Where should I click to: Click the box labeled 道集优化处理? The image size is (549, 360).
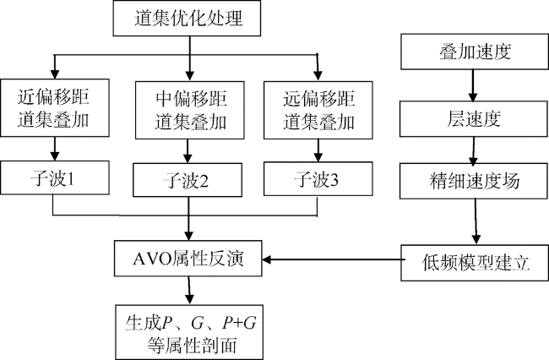tap(187, 18)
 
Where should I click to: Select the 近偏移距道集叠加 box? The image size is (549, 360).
tap(55, 107)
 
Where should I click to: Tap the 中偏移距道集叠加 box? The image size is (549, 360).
tap(190, 110)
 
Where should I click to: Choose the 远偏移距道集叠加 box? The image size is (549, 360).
tap(318, 110)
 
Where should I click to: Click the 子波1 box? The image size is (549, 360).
tap(55, 177)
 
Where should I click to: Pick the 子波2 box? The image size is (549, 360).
tap(188, 180)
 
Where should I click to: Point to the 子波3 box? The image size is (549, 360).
tap(318, 178)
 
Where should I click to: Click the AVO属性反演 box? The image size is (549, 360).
tap(188, 259)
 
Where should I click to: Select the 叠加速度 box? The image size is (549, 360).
tap(475, 52)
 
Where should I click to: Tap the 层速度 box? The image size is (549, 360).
tap(474, 119)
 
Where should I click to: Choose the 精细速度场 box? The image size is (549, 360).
tap(474, 181)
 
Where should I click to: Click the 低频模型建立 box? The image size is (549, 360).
tap(475, 263)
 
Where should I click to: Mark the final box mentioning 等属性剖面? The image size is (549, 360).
tap(189, 332)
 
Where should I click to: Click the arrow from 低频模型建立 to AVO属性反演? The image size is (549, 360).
tap(332, 259)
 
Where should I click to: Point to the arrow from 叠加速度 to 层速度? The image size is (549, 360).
tap(473, 85)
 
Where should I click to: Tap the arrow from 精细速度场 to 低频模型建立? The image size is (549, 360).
tap(476, 221)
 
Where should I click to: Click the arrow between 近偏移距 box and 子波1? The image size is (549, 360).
tap(54, 149)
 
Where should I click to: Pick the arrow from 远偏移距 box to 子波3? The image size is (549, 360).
tap(318, 150)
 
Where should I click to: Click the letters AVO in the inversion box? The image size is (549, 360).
tap(152, 259)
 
